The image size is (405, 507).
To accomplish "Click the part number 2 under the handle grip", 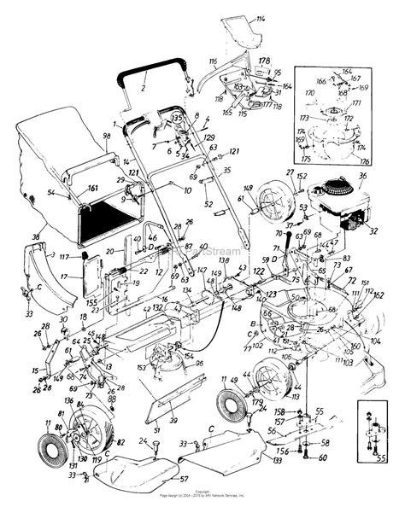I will pos(144,88).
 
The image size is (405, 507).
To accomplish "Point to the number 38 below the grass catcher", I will pos(35,236).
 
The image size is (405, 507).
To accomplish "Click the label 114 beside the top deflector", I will pos(260,18).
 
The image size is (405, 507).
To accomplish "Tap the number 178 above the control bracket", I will pos(265,61).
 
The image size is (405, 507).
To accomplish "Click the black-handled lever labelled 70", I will pos(278,233).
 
